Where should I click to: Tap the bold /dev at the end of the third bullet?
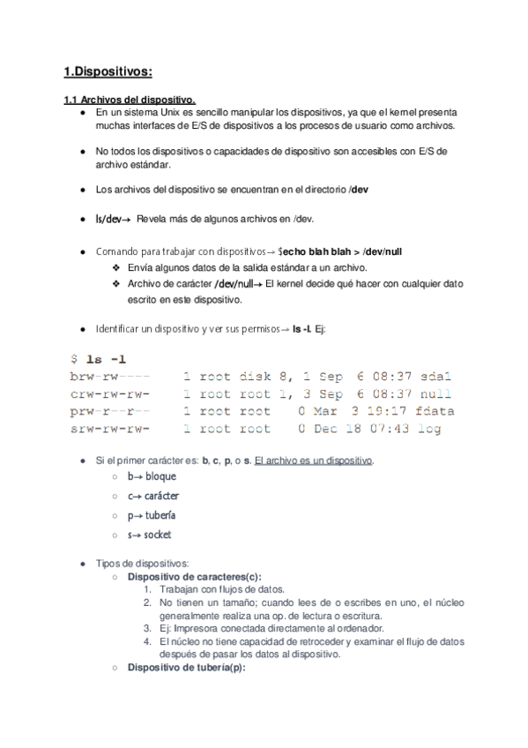(x=359, y=190)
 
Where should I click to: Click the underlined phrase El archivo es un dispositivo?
(x=313, y=460)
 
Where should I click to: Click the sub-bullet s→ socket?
(x=149, y=535)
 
